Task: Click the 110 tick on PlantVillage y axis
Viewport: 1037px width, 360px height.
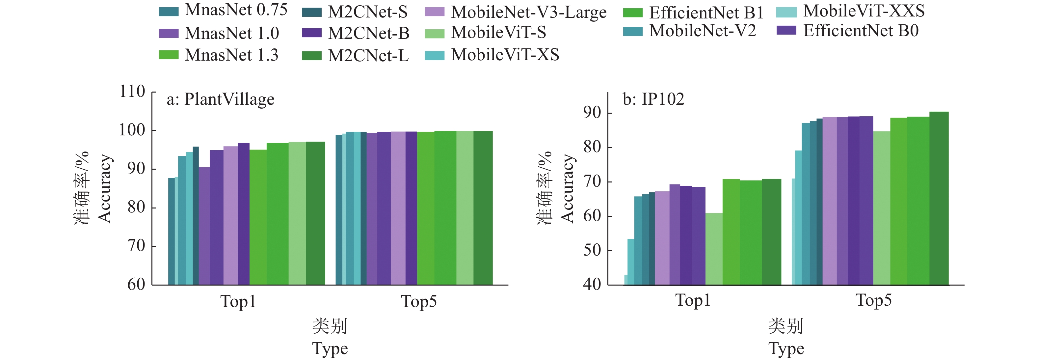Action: pyautogui.click(x=132, y=92)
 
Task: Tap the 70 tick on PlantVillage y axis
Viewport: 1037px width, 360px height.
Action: pyautogui.click(x=136, y=246)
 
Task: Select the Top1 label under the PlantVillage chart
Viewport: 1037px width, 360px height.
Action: pyautogui.click(x=238, y=301)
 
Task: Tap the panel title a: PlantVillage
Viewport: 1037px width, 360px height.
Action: pyautogui.click(x=221, y=99)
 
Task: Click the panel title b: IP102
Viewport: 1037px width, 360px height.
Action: pyautogui.click(x=653, y=99)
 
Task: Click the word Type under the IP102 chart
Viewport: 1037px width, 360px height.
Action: pyautogui.click(x=786, y=348)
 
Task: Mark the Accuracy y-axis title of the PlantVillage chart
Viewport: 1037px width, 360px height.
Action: pyautogui.click(x=104, y=188)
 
